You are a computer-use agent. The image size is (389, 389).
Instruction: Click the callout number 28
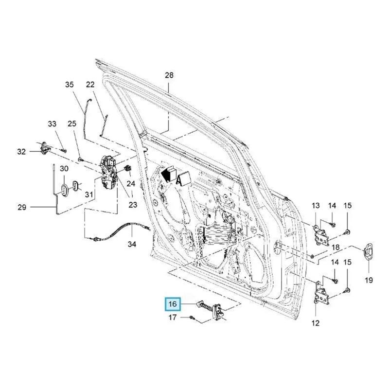tap(169, 75)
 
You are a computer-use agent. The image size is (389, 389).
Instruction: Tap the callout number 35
tap(70, 85)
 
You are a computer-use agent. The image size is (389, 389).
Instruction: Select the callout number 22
tap(90, 85)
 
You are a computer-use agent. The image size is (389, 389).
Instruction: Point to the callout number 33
tap(52, 124)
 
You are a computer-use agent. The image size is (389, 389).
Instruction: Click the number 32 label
tap(21, 152)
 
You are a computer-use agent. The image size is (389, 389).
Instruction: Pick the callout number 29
tap(21, 208)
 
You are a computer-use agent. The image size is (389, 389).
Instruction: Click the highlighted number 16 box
tap(173, 305)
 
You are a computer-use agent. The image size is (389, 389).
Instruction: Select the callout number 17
tap(172, 318)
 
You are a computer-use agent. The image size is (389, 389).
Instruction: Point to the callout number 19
tap(368, 280)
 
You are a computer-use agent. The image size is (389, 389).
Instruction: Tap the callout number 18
tap(335, 248)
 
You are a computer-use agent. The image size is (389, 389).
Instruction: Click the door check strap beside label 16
tap(212, 310)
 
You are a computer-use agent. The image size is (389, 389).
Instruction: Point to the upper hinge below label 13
tap(321, 234)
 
